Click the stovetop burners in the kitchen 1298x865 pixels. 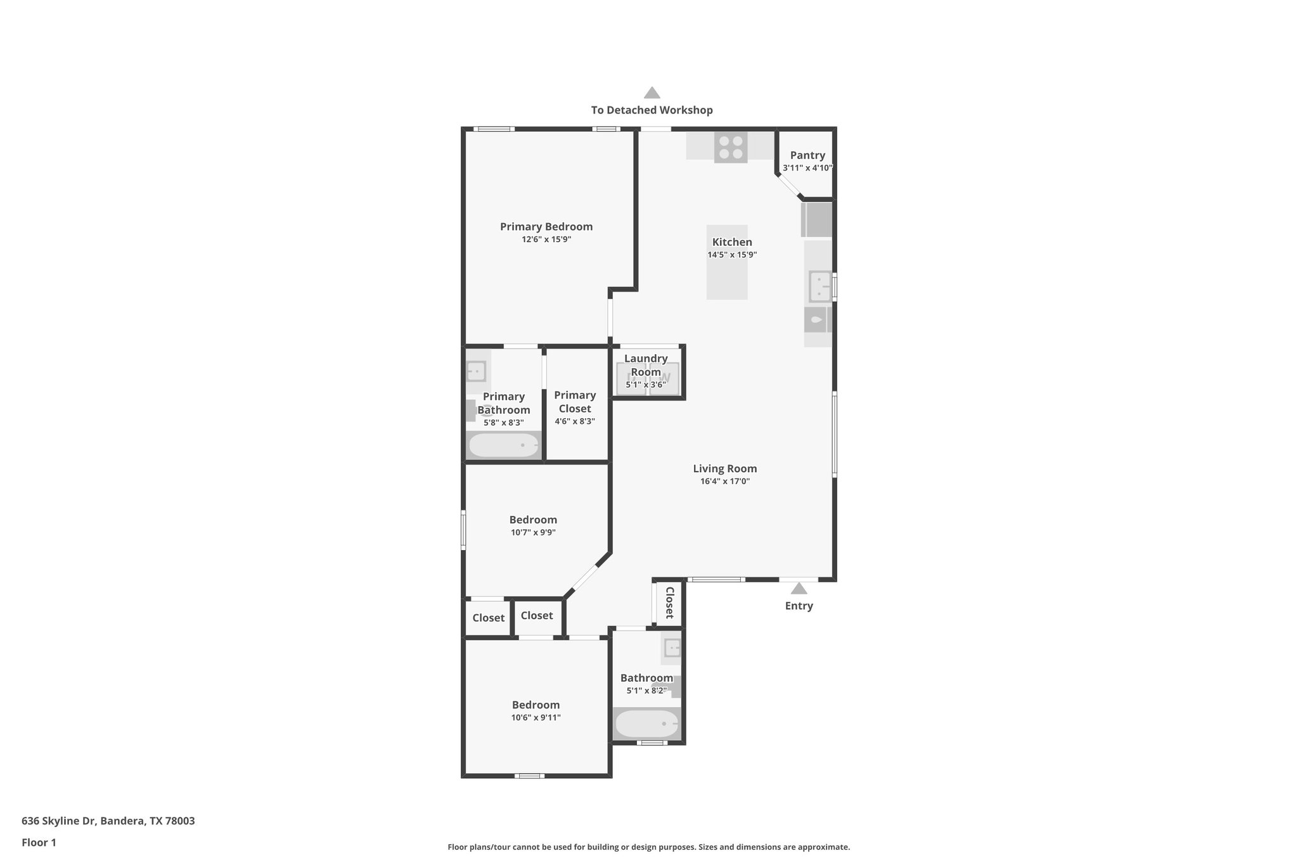coord(730,147)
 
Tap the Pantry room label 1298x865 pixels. coord(807,155)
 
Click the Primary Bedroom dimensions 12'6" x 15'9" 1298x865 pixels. coord(546,240)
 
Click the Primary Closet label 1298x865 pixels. coord(575,402)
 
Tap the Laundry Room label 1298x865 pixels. coord(646,365)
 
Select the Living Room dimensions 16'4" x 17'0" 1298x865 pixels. coord(725,482)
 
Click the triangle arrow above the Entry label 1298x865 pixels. coord(799,589)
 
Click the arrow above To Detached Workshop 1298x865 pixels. coord(652,93)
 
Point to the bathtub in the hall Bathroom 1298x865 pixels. coord(646,724)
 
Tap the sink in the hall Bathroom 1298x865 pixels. coord(671,648)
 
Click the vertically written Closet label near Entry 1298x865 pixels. coord(669,603)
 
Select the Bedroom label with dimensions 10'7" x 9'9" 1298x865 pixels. coord(533,520)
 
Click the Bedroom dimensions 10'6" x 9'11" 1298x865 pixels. coord(536,718)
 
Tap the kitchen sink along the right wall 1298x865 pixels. coord(819,286)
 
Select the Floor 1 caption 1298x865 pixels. coord(39,843)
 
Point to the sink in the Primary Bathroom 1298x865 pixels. coord(476,371)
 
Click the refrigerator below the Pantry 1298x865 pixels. coord(817,220)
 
